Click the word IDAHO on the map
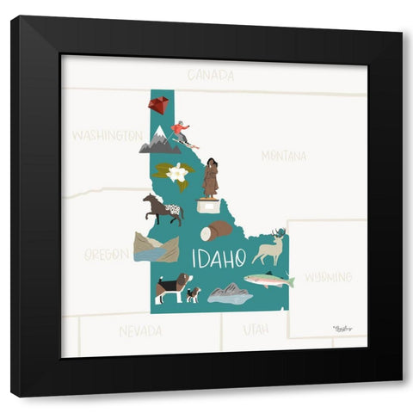pos(219,257)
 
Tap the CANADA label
pos(210,75)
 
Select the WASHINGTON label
pos(107,136)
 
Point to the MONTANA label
pos(283,156)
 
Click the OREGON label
pos(107,255)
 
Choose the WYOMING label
pos(328,277)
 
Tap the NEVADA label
pos(140,330)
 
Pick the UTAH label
pos(256,329)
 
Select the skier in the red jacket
pos(181,133)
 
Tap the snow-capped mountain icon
pos(160,142)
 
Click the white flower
pos(177,173)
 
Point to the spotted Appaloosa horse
pos(163,208)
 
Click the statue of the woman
pos(211,178)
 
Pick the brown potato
pos(217,231)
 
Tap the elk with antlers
pos(270,248)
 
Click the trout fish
pos(268,280)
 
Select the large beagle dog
pos(171,286)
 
